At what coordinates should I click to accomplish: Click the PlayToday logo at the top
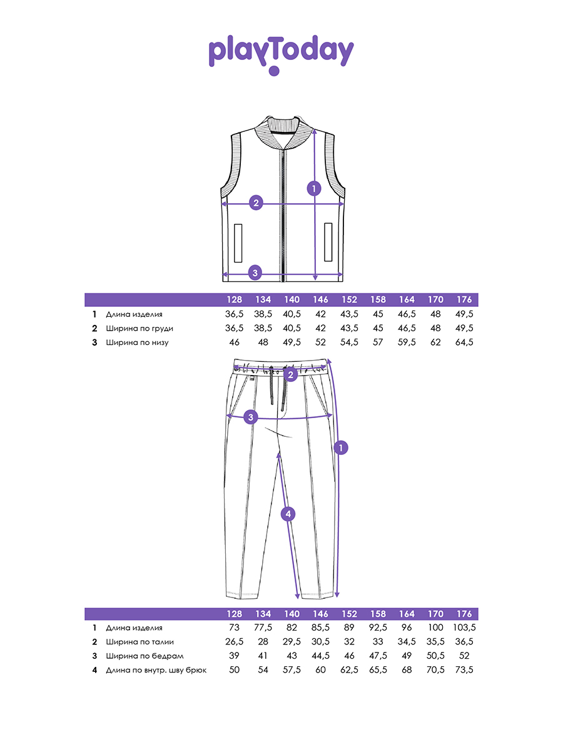(281, 54)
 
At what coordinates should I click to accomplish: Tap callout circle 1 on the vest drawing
(314, 189)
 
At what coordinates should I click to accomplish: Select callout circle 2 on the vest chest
(256, 203)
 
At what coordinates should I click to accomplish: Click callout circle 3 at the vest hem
(255, 273)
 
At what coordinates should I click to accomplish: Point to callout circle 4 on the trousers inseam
(288, 514)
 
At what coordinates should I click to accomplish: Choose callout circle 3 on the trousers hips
(251, 417)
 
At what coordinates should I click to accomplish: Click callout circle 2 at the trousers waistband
(290, 375)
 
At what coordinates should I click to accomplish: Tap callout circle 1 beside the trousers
(341, 447)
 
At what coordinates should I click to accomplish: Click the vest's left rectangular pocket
(238, 243)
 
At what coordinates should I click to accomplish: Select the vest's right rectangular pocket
(328, 242)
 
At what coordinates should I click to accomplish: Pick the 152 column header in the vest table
(349, 299)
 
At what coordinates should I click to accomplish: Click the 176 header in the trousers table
(464, 614)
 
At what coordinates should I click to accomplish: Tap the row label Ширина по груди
(139, 328)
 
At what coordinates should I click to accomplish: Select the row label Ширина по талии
(139, 642)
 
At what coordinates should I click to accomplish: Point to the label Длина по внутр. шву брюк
(156, 671)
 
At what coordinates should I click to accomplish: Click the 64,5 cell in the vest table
(464, 342)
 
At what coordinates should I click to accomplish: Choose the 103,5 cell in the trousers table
(464, 627)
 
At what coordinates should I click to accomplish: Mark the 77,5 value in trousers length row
(263, 627)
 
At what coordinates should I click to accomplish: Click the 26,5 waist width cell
(234, 642)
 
